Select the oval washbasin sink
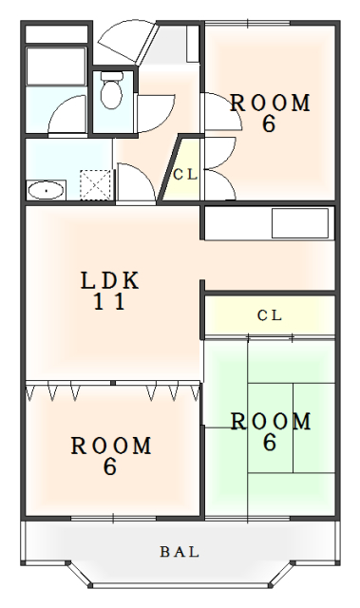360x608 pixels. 47,190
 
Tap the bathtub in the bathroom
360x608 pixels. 56,66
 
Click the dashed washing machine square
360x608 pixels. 95,184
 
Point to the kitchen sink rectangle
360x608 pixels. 300,223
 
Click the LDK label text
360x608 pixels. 109,281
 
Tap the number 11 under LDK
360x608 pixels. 109,302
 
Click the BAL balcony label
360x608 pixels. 180,551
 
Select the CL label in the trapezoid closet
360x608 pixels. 185,175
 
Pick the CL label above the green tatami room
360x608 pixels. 270,315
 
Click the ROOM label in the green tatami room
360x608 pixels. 271,422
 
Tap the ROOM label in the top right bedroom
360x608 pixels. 270,104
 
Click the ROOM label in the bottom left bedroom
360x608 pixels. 111,446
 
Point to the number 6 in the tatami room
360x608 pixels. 270,443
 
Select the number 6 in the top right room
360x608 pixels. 269,124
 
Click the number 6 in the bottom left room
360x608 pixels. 109,466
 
